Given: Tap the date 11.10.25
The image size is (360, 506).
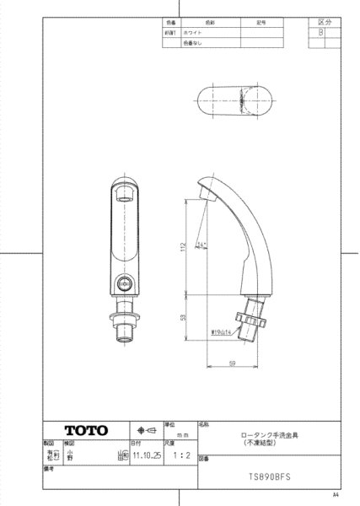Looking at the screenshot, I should pyautogui.click(x=146, y=454).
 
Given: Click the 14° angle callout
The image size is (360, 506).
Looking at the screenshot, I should pyautogui.click(x=200, y=245).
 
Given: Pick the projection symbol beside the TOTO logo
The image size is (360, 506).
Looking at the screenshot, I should pyautogui.click(x=145, y=428).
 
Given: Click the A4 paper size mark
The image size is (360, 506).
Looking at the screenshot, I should pyautogui.click(x=335, y=496).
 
